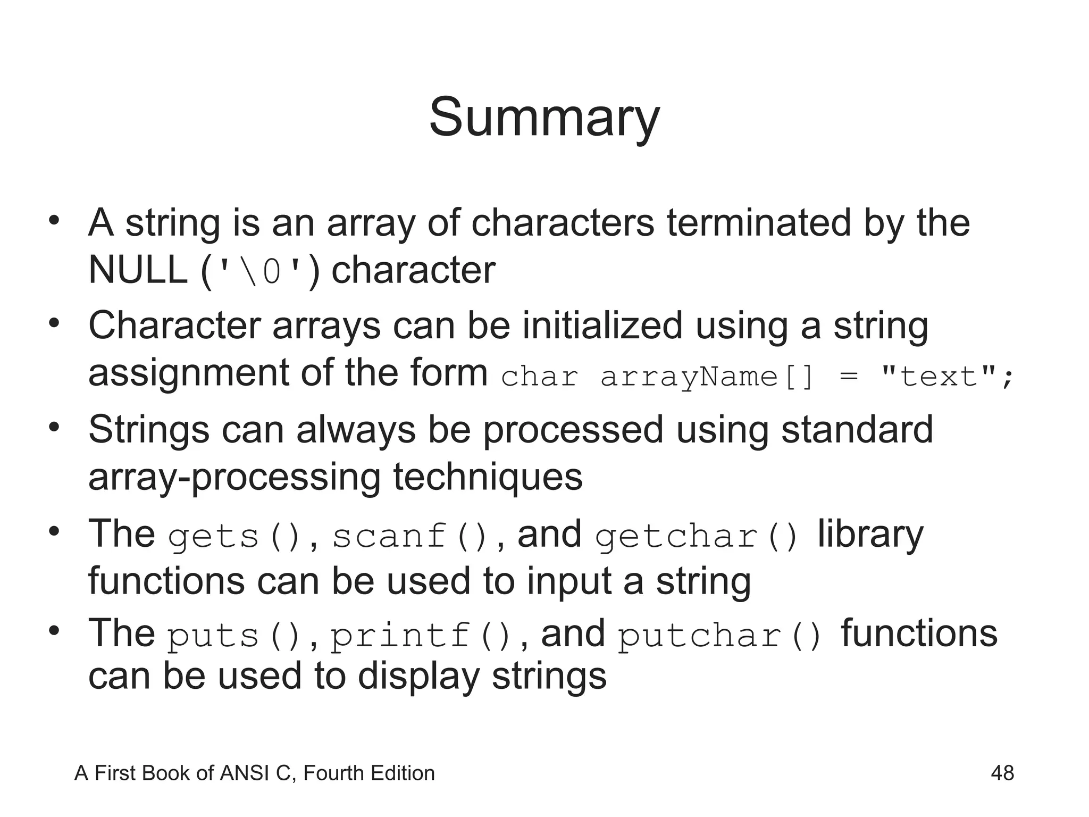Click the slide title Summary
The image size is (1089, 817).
544,118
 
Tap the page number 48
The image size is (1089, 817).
1002,773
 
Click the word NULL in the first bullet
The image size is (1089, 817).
137,270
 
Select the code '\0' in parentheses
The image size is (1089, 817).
260,272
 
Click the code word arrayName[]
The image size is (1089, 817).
707,377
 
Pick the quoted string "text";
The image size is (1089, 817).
947,377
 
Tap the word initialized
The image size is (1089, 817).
602,326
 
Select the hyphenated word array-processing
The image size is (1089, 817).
234,477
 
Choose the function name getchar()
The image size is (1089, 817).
697,536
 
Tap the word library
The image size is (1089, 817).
870,534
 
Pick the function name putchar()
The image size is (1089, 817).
721,636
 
